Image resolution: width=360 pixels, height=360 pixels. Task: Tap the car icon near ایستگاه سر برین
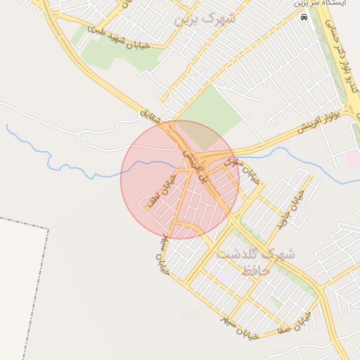coord(304,17)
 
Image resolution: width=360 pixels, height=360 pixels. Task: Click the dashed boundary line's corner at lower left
coord(48,229)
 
